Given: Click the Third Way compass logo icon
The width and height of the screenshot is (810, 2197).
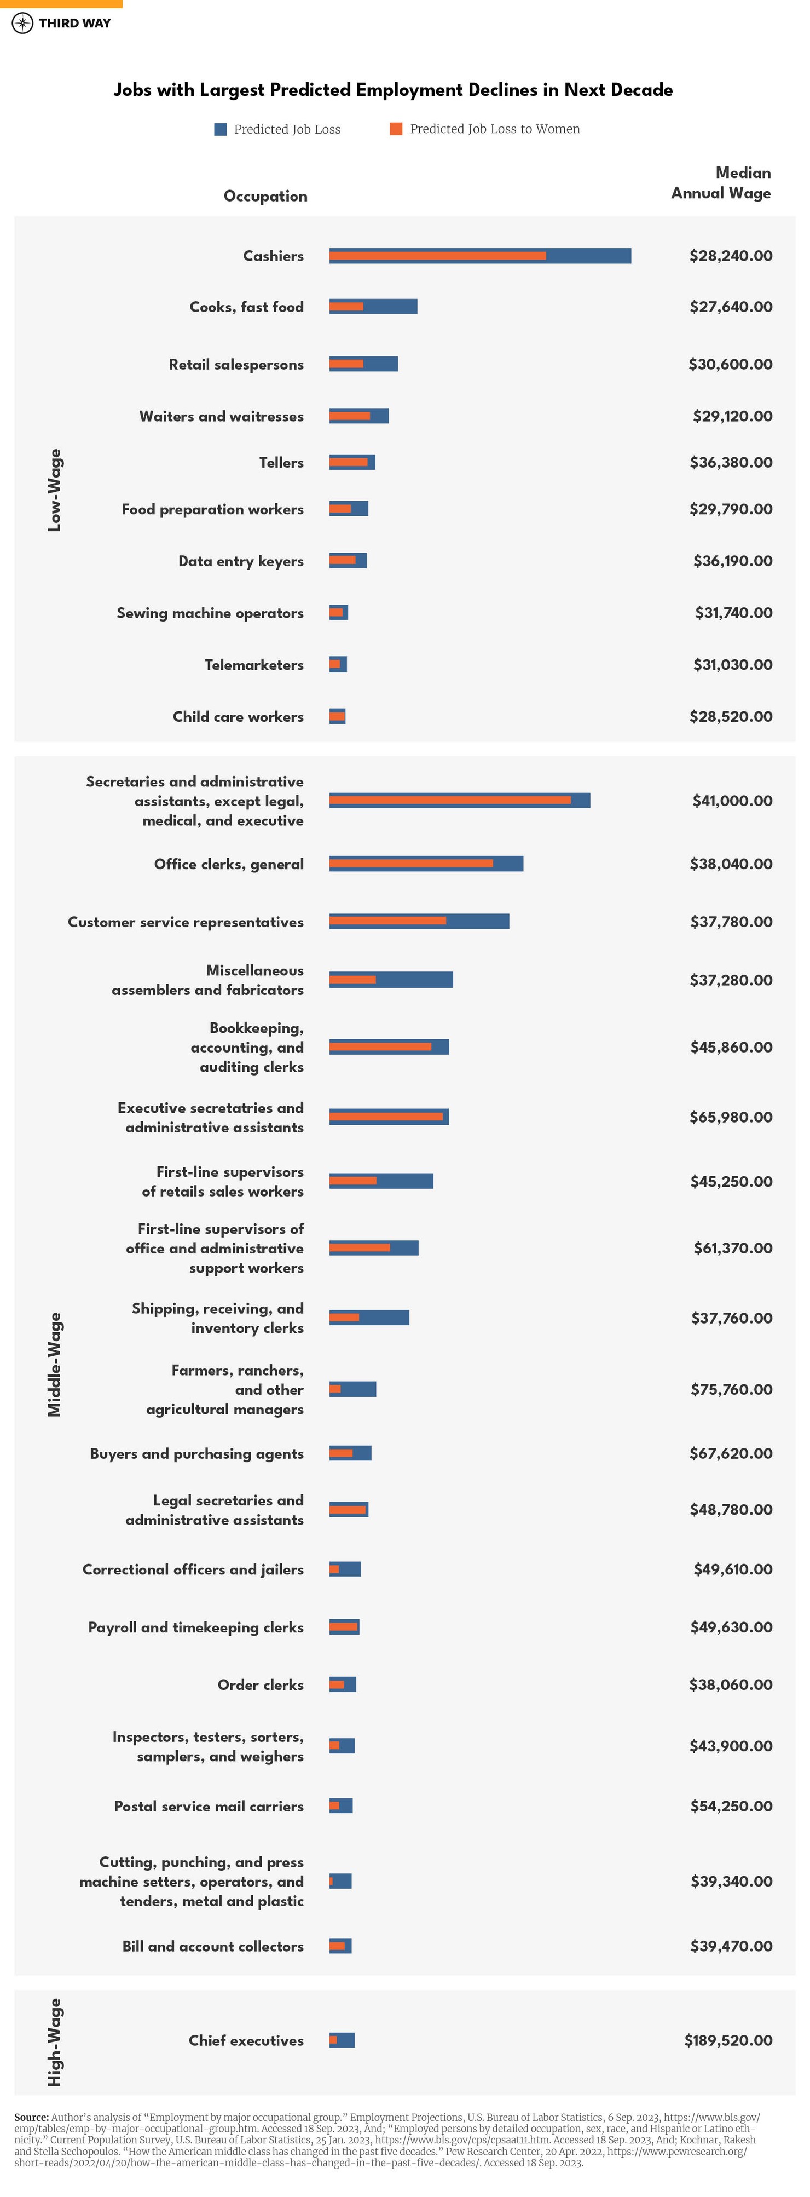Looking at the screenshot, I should (22, 23).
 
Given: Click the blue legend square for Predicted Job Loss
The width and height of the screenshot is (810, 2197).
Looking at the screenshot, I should (220, 129).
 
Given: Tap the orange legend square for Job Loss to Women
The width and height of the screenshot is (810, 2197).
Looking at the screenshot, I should (396, 129).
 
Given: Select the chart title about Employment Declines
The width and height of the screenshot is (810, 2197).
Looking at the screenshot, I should (393, 90).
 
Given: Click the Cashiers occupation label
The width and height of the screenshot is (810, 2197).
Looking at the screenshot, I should (273, 256).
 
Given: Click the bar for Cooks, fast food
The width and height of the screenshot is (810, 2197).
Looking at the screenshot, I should (373, 306).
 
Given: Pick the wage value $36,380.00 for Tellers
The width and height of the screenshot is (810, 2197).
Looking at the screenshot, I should (731, 462).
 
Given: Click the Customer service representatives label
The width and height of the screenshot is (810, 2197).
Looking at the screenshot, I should (186, 922).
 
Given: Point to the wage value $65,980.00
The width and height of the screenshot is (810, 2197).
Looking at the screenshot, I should (731, 1117).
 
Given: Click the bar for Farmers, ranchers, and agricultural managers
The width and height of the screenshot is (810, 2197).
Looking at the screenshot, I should (352, 1389).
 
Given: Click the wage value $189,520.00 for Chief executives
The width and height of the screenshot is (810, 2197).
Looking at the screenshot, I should (728, 2040).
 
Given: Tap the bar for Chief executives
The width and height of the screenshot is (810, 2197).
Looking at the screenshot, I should (342, 2040).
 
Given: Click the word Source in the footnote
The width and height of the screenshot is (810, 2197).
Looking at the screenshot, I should (31, 2117).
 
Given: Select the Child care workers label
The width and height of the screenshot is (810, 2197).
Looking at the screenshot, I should (238, 716).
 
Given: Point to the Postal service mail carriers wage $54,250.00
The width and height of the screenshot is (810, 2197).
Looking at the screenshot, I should (731, 1805).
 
